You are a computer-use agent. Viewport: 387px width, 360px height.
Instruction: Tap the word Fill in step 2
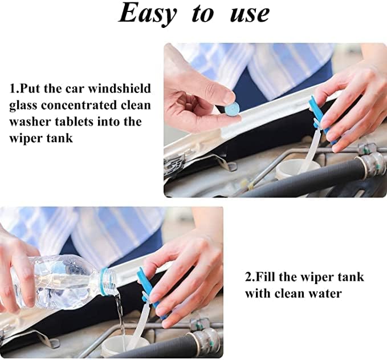tap(266, 277)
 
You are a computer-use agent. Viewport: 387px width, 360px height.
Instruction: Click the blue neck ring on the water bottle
tap(105, 282)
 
